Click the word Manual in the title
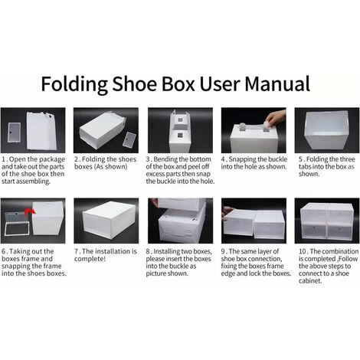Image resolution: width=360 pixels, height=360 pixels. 277,83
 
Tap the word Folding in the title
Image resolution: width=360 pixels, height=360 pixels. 74,84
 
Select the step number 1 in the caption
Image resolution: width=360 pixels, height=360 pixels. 4,159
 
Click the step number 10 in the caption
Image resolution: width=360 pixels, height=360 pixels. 303,251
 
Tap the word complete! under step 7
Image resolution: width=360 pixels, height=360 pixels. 90,259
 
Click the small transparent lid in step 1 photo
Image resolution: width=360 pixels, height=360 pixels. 14,132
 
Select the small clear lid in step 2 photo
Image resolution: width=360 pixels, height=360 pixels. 129,139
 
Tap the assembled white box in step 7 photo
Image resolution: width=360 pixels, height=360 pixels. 109,220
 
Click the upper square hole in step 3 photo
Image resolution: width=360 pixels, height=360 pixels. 180,119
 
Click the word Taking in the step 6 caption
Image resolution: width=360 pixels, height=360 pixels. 18,252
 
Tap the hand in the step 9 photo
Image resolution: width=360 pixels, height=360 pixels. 227,212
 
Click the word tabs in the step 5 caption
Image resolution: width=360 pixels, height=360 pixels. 304,167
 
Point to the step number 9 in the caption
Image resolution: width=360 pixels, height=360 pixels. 223,251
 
